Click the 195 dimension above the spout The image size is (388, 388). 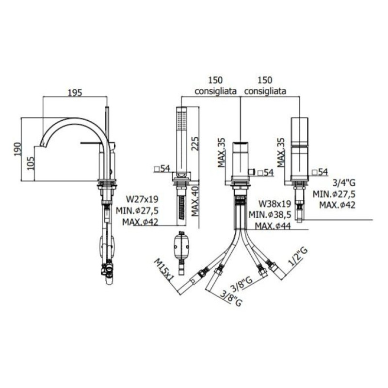(75, 93)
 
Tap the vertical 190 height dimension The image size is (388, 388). (17, 149)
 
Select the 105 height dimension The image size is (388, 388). (31, 163)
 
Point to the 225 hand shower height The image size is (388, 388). (194, 144)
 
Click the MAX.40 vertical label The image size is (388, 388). (195, 201)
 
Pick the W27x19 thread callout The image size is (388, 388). (142, 199)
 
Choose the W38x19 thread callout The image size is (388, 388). (275, 204)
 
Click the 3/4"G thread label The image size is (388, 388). (344, 183)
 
